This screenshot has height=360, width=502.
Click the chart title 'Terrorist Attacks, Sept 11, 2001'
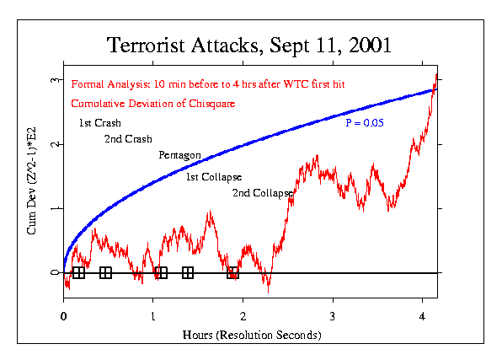point(249,44)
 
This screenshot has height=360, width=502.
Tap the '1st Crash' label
point(99,123)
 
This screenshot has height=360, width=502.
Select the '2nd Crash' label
point(128,138)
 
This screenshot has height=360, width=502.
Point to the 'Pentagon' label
point(179,155)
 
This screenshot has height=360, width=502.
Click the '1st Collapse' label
point(214,176)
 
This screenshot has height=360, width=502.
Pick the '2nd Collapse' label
point(262,193)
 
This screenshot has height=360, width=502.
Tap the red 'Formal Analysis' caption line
point(208,84)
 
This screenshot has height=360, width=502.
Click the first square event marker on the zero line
point(78,272)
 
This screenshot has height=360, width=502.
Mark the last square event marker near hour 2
point(233,272)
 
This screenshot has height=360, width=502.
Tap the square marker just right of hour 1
point(162,272)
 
